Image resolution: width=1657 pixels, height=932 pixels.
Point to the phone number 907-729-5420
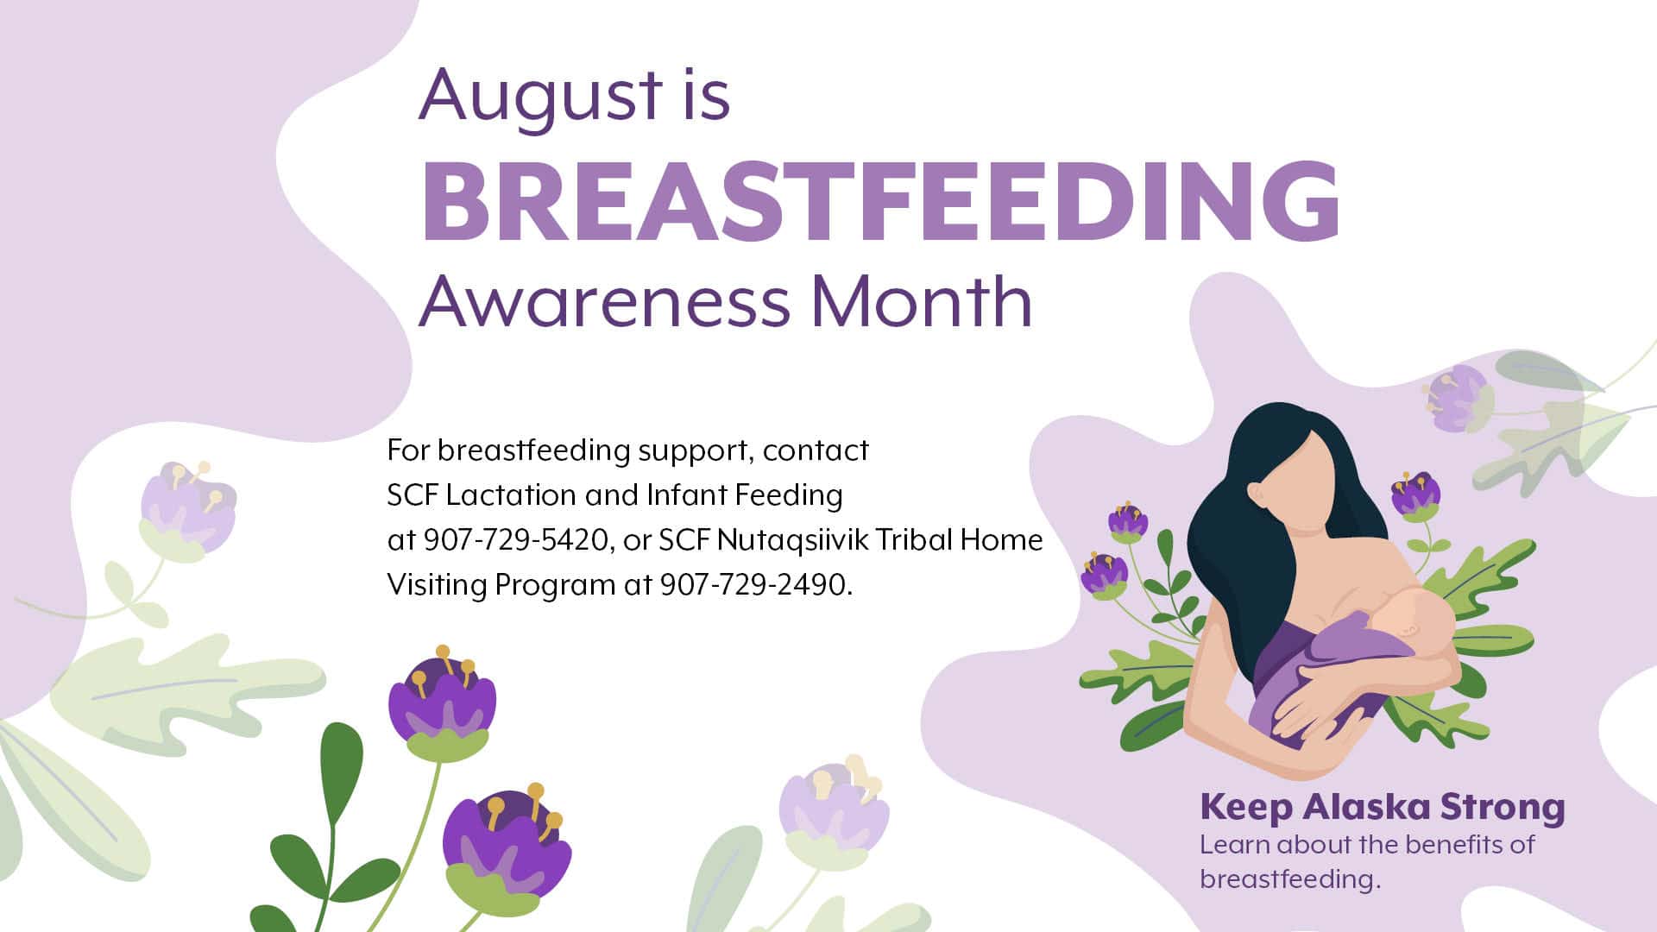coord(516,540)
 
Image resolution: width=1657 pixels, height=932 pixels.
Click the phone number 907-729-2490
coord(755,585)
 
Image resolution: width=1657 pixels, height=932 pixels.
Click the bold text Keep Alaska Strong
coord(1383,808)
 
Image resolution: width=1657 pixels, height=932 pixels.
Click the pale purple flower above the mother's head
coord(1457,399)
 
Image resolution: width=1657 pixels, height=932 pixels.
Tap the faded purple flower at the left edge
coord(187,509)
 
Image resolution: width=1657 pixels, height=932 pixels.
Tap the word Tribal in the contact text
coord(914,540)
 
